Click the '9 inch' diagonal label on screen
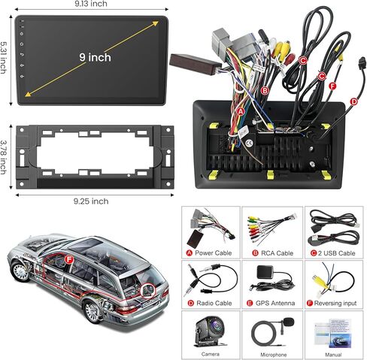(96, 57)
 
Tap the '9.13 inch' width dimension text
(91, 4)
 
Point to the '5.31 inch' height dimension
(3, 58)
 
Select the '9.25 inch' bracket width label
(91, 201)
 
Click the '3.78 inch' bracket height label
(3, 157)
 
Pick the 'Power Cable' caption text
(213, 253)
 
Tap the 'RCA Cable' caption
(277, 253)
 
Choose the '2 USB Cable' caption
(336, 253)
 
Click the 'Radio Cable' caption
(214, 303)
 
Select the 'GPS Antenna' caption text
(275, 303)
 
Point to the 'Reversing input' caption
(335, 304)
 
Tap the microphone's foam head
(289, 322)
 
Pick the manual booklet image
(332, 333)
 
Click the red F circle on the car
(68, 260)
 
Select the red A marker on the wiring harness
(241, 112)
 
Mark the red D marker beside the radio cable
(353, 101)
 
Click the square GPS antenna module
(265, 271)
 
